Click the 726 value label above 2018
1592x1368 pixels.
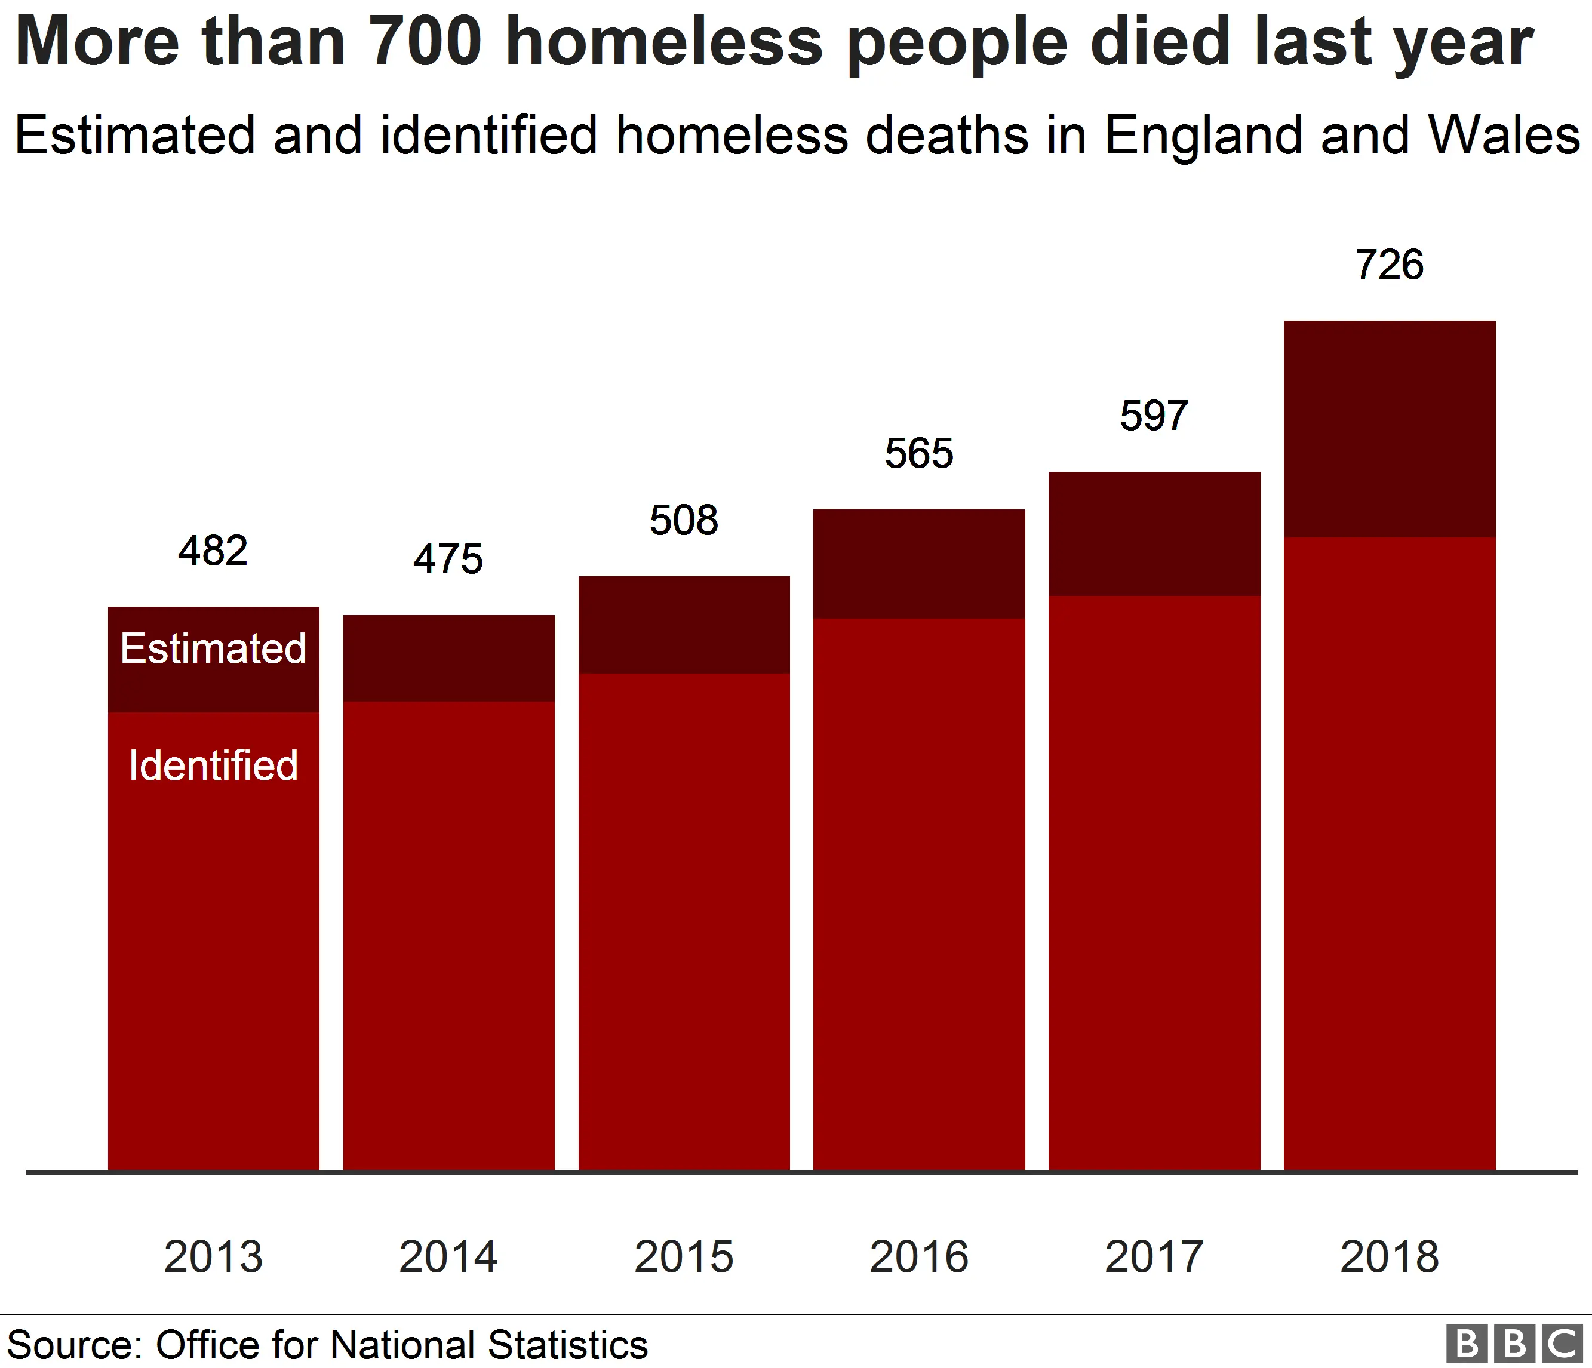click(1389, 265)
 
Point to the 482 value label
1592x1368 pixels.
click(213, 551)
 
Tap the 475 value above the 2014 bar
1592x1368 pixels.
click(448, 559)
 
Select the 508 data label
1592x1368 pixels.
click(684, 520)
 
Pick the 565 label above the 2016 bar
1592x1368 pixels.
click(919, 453)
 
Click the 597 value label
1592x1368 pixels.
click(1154, 416)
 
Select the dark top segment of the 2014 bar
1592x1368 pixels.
click(448, 658)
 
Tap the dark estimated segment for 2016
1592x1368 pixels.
click(919, 564)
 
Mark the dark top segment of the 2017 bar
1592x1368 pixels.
click(1154, 534)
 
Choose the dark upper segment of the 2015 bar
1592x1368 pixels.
click(684, 625)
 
